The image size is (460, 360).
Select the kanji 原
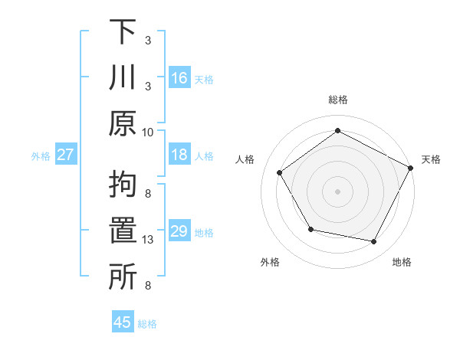123,123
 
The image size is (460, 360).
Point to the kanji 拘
123,185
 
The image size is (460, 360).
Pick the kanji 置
123,231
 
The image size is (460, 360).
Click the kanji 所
123,276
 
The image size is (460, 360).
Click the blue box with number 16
179,77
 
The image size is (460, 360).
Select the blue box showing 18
179,155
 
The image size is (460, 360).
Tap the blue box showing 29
179,231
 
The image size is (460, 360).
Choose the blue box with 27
66,155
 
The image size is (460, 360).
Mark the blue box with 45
123,322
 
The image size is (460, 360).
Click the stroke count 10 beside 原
148,132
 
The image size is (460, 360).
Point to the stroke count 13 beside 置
149,240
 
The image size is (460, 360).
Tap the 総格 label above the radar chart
337,100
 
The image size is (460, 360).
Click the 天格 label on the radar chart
432,159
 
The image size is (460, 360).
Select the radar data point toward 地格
374,242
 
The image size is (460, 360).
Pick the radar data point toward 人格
280,172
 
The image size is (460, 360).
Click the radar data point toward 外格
310,229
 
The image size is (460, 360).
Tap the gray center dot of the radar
337,191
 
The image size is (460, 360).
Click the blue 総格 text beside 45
147,324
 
